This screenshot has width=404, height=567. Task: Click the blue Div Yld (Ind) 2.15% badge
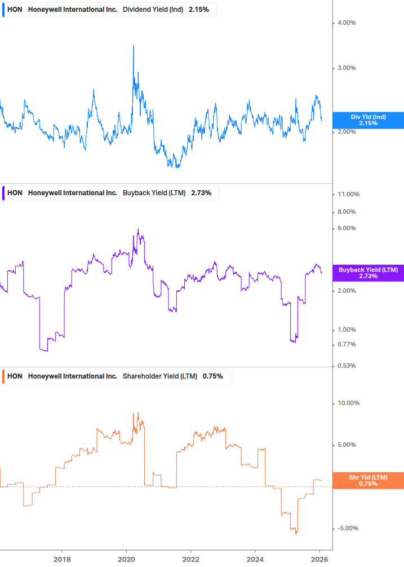[368, 120]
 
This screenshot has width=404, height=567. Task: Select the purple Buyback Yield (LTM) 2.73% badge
[368, 273]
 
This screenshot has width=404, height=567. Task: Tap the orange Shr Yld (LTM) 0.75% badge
[368, 481]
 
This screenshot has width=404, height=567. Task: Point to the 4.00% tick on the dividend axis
[347, 23]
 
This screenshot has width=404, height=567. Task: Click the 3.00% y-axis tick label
[347, 68]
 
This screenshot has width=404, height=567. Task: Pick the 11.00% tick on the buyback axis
[348, 194]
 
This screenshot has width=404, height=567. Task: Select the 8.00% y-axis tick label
[347, 212]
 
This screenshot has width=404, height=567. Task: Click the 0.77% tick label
[347, 344]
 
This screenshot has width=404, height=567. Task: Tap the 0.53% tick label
[347, 366]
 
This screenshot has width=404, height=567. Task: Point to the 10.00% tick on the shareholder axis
[348, 403]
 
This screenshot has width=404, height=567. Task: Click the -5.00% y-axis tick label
[347, 528]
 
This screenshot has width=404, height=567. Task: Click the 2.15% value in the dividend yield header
[198, 9]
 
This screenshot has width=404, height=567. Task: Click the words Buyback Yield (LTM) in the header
[154, 193]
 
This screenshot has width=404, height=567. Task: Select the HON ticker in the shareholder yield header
[15, 376]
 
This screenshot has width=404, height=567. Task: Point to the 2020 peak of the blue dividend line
[133, 46]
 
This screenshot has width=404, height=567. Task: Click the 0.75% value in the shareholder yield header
[212, 376]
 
